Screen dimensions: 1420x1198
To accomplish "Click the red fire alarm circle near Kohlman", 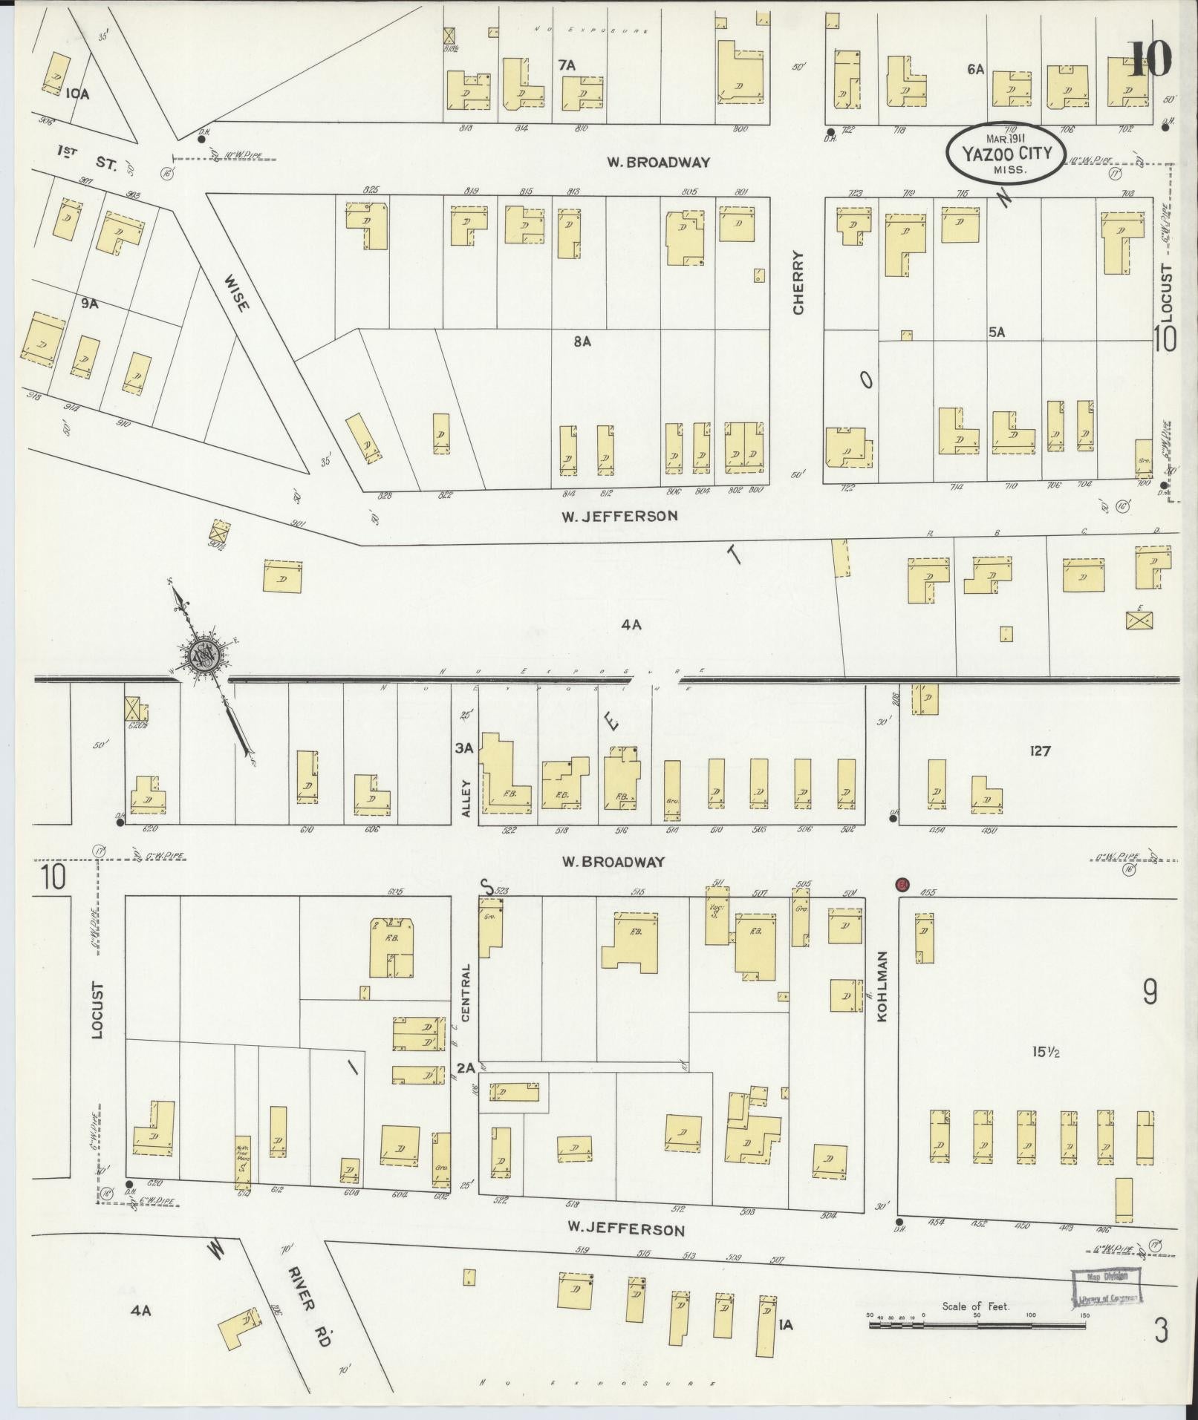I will (902, 884).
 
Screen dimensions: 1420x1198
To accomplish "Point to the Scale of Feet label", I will (975, 1306).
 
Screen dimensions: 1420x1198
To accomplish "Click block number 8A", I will (582, 341).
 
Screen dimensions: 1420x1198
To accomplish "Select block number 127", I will (1040, 751).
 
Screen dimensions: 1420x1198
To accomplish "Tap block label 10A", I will (76, 94).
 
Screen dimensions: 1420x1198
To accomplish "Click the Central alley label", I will (466, 993).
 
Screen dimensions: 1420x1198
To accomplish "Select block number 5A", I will (996, 333).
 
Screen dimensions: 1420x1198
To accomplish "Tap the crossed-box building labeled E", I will (1138, 619).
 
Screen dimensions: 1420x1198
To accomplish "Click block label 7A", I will (567, 65).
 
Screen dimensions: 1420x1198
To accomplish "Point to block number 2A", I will (466, 1068).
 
